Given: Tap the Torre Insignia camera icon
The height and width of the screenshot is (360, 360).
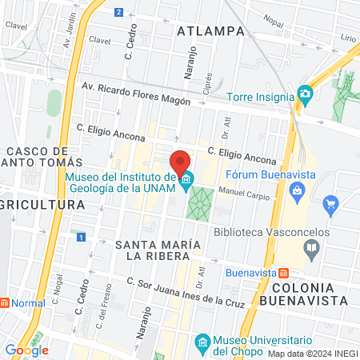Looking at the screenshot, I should click(304, 94).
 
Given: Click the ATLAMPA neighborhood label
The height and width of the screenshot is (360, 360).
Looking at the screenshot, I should click(210, 31).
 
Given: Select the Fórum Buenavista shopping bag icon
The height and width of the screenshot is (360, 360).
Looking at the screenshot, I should click(298, 190).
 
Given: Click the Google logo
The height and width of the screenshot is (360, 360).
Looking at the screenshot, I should click(26, 350).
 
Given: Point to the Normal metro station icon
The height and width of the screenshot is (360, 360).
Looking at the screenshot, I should click(5, 303).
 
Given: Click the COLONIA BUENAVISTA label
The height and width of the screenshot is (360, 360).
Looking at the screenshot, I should click(309, 294).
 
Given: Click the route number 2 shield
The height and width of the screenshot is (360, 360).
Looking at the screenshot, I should click(118, 12).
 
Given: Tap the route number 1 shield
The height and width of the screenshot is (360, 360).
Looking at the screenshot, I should click(81, 238).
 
